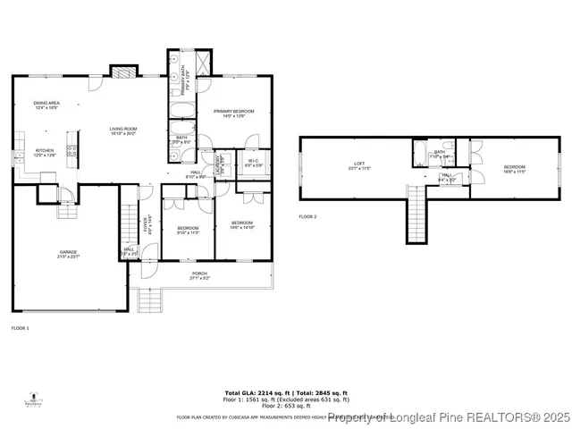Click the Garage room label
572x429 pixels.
click(68, 255)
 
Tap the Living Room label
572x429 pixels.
click(122, 131)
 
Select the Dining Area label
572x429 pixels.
click(46, 105)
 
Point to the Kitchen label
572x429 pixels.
click(45, 153)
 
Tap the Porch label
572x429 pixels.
click(199, 276)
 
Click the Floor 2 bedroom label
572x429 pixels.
click(514, 169)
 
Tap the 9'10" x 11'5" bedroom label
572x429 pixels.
click(188, 230)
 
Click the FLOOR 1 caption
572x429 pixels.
click(20, 329)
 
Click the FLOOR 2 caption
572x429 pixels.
click(307, 216)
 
